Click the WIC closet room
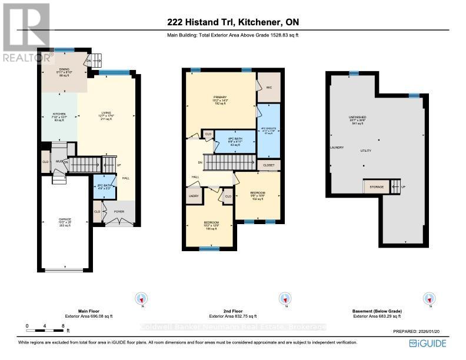pos(268,87)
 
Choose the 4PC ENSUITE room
pos(268,131)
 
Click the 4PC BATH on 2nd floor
pos(234,141)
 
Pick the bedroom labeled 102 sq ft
pos(257,195)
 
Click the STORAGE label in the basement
pos(375,188)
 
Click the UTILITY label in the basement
pos(366,151)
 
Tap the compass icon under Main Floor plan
pos(141,298)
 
